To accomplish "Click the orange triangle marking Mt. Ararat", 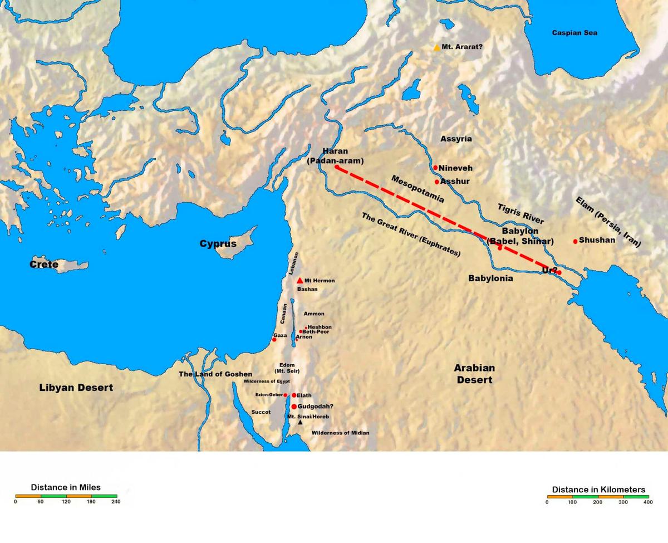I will click(437, 48).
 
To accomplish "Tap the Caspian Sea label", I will click(574, 33).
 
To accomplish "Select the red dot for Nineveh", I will click(435, 168).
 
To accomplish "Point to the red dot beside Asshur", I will click(437, 182).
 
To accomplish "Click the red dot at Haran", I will click(337, 167).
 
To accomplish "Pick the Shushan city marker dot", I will click(575, 241).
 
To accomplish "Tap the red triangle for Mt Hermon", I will click(300, 280).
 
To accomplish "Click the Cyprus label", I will click(218, 244).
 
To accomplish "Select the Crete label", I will click(44, 265).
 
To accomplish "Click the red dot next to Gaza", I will click(274, 339).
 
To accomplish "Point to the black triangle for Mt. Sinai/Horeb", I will click(300, 423).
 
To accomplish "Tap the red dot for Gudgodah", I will click(294, 407).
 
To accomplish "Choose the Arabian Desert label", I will click(474, 374).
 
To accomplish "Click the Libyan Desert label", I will click(76, 387).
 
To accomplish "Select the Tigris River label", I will click(520, 214).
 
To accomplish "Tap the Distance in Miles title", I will click(66, 487).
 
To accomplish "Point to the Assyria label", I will click(456, 139).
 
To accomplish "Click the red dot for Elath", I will click(294, 395).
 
